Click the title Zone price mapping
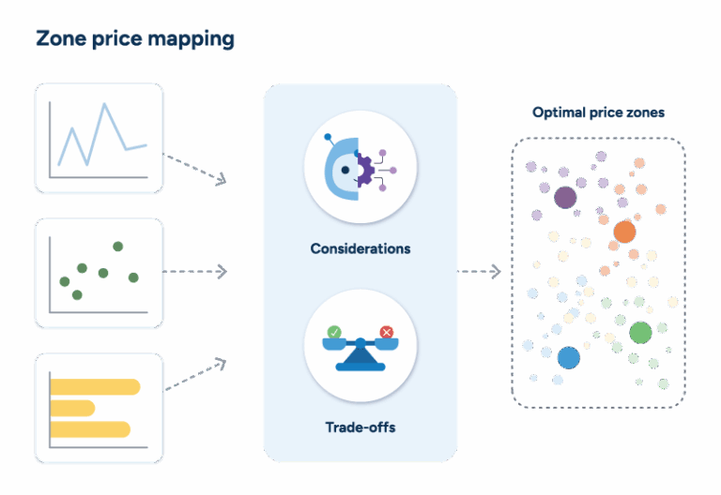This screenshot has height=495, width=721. [x=135, y=39]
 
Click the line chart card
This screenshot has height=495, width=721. [x=100, y=139]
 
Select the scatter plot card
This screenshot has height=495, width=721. [x=100, y=273]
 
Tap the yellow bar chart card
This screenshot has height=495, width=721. [x=100, y=408]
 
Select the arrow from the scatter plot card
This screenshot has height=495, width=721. [x=195, y=272]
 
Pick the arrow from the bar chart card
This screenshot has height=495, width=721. [x=195, y=374]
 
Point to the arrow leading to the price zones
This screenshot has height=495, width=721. [x=479, y=272]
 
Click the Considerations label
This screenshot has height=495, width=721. [x=360, y=249]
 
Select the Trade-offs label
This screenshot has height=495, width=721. [x=360, y=427]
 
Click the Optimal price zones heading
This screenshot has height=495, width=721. [x=598, y=112]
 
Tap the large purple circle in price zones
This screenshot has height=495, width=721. [x=565, y=197]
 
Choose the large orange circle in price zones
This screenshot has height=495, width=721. [x=624, y=232]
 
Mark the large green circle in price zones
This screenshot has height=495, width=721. [x=640, y=332]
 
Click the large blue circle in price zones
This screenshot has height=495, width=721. [x=568, y=357]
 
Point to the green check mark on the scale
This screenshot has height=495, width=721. [x=334, y=331]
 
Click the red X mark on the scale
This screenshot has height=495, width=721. [x=386, y=331]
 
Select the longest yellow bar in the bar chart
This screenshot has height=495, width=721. [x=94, y=386]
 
